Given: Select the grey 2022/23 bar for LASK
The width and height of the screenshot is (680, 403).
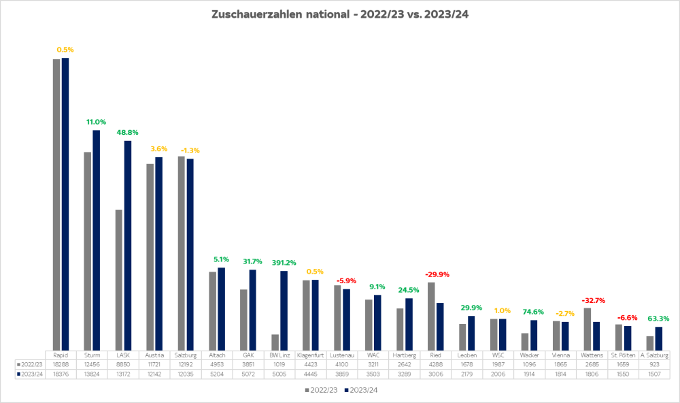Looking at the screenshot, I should [x=119, y=279].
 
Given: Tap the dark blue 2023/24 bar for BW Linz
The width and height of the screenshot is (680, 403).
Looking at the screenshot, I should [x=284, y=310].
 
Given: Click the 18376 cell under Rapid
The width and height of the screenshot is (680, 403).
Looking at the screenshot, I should [x=61, y=374].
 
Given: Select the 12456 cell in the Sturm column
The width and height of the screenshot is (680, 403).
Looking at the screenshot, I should [x=92, y=365].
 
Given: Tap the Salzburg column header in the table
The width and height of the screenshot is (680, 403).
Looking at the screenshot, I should [x=186, y=355].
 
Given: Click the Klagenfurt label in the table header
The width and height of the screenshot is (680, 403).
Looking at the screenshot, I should [x=311, y=355].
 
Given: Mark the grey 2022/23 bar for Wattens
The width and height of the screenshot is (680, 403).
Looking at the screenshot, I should [x=588, y=329].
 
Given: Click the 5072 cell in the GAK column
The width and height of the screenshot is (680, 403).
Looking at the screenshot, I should [x=248, y=374].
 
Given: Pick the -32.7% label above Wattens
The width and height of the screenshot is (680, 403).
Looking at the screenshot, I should [x=593, y=300].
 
